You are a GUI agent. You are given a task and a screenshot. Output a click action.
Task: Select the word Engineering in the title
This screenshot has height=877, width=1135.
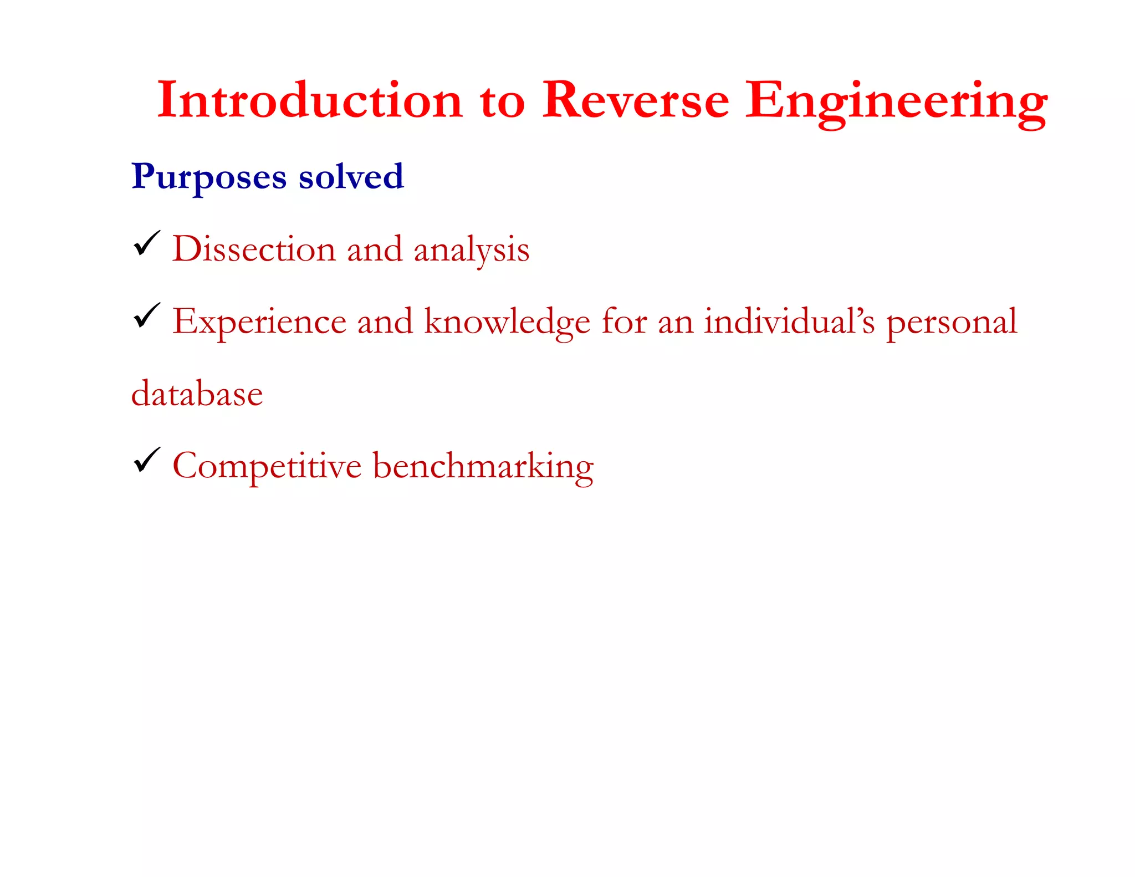click(x=896, y=103)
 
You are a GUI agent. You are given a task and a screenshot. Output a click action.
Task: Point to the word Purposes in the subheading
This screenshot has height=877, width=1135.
click(x=209, y=177)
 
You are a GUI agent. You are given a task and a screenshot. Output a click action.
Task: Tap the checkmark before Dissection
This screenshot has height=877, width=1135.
click(x=147, y=244)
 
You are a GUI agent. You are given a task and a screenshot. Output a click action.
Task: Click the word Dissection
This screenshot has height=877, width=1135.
click(x=254, y=249)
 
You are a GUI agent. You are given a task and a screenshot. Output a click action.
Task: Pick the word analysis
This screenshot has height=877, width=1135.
click(x=471, y=251)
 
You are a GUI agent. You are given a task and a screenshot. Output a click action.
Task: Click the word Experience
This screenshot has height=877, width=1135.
click(x=259, y=322)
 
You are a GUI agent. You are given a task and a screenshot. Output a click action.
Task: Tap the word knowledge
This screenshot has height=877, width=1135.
click(x=507, y=322)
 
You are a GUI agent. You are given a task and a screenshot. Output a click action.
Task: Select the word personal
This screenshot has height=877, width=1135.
click(x=951, y=323)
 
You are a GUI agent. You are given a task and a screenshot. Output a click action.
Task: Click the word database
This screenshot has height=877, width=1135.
click(x=197, y=394)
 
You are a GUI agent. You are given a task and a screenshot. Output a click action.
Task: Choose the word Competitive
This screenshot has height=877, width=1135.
click(x=267, y=466)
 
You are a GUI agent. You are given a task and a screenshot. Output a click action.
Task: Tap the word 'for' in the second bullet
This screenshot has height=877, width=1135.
click(x=624, y=321)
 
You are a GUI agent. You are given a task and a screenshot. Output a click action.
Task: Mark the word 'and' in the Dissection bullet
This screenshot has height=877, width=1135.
click(x=374, y=249)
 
